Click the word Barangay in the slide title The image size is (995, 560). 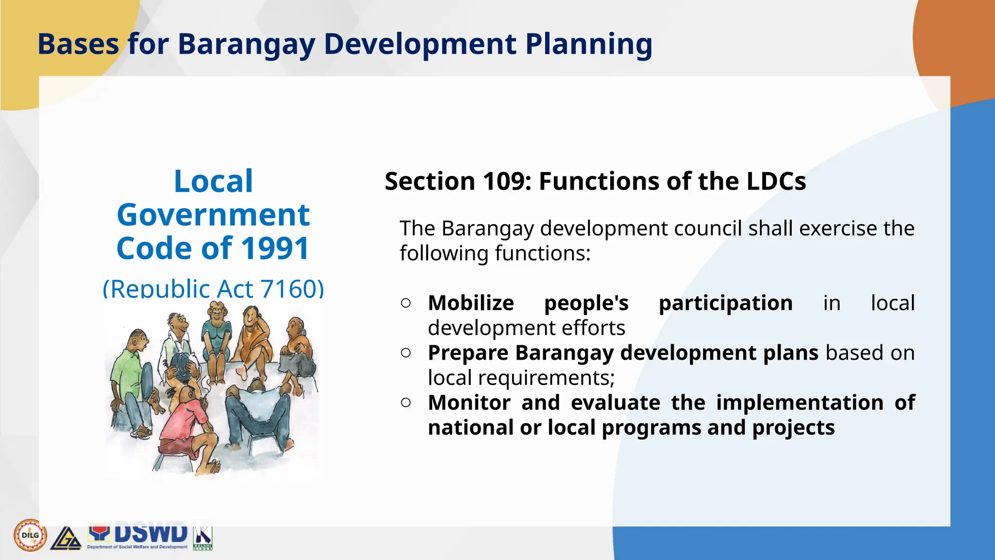246,44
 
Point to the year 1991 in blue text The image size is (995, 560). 275,248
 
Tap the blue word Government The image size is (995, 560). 213,215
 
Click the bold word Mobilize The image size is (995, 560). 471,303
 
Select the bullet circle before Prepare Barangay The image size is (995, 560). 406,352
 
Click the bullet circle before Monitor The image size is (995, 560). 406,402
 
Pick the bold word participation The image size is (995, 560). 725,303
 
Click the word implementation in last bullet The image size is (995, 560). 799,402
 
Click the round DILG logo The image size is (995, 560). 30,535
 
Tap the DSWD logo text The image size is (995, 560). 151,534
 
